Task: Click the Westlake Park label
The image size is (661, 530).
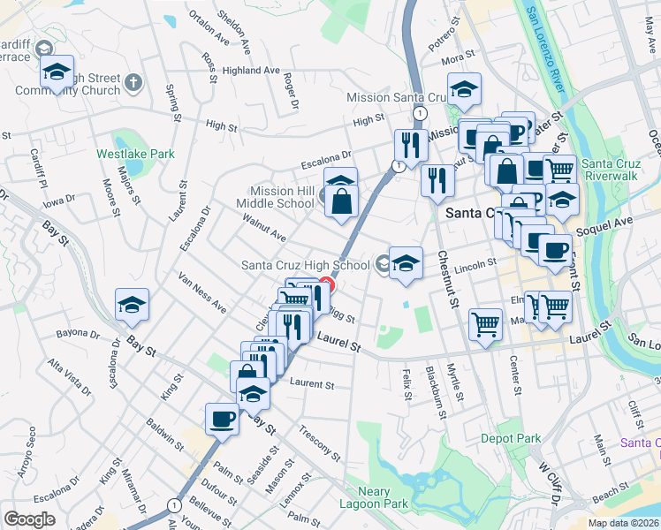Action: coord(136,153)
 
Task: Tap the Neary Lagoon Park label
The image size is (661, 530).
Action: coord(384,497)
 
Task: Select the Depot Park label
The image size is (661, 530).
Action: coord(511,438)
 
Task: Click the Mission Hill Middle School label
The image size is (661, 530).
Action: coord(283,196)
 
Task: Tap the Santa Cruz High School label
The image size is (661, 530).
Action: coord(306,265)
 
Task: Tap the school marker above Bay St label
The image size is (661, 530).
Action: coord(133,305)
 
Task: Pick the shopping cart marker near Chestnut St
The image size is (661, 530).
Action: coord(484,324)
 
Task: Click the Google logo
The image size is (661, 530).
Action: coord(29,519)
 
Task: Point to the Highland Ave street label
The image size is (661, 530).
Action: coord(251,71)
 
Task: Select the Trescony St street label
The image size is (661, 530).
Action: coord(320,443)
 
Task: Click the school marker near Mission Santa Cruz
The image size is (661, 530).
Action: coord(464,87)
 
